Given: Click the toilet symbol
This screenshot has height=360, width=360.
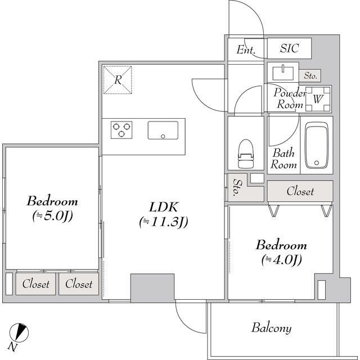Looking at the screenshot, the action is (x=246, y=154).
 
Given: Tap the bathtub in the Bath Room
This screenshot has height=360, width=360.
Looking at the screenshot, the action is (x=317, y=145).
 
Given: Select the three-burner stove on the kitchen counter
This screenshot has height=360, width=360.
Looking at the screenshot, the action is (x=121, y=130).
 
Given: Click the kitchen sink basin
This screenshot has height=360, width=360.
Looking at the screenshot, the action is (x=163, y=130).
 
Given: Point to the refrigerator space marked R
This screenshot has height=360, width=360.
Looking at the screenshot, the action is (x=118, y=80).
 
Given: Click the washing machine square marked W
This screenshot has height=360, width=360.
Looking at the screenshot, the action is (x=318, y=99).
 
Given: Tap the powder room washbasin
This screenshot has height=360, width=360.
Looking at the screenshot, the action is (x=283, y=73).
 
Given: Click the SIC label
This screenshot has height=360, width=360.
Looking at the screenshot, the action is (x=290, y=48).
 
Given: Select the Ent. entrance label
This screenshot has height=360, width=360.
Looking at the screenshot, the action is (x=246, y=49).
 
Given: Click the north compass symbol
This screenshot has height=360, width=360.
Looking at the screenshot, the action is (x=19, y=332).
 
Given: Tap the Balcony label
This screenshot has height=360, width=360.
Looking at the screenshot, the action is (x=272, y=327).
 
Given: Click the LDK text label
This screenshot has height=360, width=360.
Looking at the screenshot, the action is (x=163, y=207).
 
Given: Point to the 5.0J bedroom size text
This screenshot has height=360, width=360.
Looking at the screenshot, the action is (x=52, y=216).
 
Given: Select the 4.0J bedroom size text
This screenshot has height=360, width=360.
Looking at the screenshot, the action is (x=281, y=260).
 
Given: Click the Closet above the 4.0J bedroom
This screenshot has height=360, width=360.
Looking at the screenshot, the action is (x=300, y=191).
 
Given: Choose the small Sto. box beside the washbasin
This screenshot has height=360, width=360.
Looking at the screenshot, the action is (x=310, y=75).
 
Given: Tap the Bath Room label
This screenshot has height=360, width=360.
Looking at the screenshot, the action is (x=283, y=159).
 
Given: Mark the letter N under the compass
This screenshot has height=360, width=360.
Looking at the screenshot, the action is (x=12, y=347).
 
